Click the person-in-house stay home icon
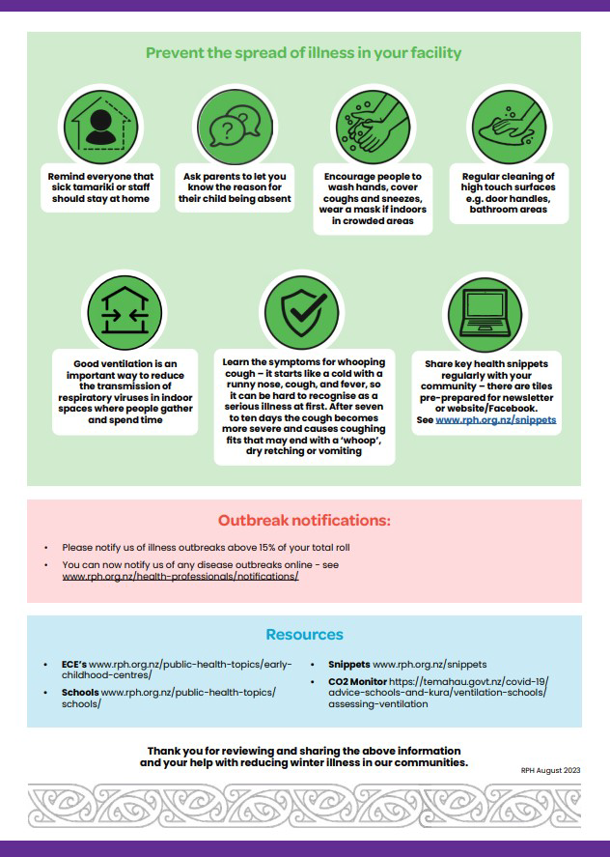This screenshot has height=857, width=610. coord(100,127)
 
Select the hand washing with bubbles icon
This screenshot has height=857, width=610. coord(374,127)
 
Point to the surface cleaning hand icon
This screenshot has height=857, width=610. coord(509,127)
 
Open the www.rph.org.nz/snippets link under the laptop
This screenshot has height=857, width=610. coord(496,421)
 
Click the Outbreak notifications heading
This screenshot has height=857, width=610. coord(304,521)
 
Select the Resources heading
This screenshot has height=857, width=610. coord(304,635)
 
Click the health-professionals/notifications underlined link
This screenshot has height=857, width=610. coord(180,577)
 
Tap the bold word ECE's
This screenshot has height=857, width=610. coord(74,665)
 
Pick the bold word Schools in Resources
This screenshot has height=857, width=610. coord(80,693)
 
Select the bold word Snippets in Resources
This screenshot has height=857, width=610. coord(348,665)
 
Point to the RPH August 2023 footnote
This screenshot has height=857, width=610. coord(550,769)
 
